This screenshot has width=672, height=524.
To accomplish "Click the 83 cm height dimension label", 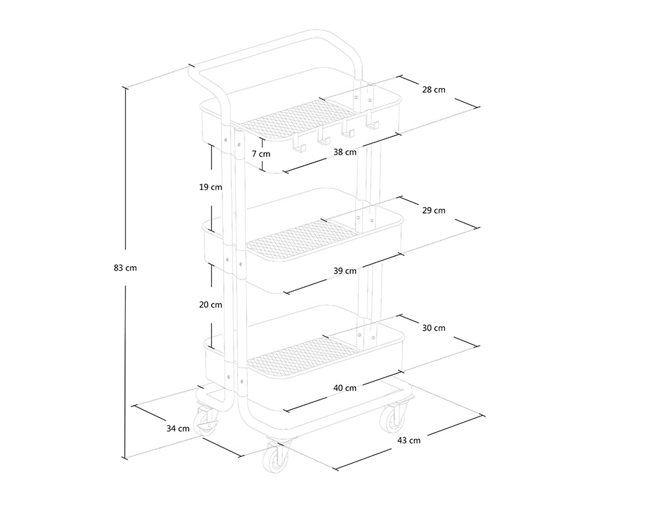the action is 125,268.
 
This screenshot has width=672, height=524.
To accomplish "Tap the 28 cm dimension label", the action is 433,89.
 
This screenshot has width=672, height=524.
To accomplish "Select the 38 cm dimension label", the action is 345,152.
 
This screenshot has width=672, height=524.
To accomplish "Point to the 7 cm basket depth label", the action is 261,153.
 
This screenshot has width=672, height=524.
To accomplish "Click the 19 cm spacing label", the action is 210,187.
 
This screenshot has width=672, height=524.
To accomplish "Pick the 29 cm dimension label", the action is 433,210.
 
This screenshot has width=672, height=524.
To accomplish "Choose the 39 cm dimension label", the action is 345,271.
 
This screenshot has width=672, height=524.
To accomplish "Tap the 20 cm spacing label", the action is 210,304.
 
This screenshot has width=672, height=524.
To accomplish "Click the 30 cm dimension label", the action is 433,328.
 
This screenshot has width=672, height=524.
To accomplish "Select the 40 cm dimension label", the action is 345,388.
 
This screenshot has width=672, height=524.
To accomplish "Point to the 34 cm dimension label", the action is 178,429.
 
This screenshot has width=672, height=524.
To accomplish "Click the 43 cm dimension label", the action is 409,440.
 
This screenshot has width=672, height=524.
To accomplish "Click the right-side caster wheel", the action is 392,419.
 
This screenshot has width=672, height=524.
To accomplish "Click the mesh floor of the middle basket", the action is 300,240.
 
